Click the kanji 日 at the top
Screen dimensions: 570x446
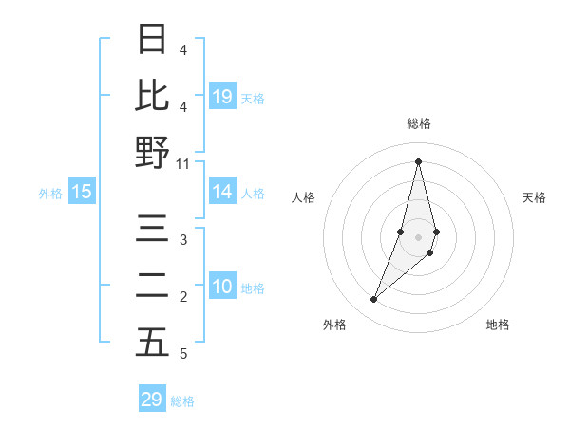click(152, 39)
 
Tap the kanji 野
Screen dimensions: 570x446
click(152, 152)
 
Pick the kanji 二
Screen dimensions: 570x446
click(152, 287)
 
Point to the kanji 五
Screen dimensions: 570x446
click(152, 344)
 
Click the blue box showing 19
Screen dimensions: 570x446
click(222, 96)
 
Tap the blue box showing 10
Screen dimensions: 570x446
click(222, 288)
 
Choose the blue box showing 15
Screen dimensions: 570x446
click(82, 193)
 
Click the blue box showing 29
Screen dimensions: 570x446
click(152, 400)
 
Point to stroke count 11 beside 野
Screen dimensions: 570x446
click(183, 163)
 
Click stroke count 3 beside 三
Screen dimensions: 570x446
click(183, 240)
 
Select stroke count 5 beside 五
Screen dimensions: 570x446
click(183, 354)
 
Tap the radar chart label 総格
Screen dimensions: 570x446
click(419, 123)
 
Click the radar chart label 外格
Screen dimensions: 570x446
click(334, 325)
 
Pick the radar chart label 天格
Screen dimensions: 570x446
click(535, 197)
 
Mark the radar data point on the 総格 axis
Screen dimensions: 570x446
click(419, 160)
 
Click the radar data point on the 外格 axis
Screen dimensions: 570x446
click(374, 300)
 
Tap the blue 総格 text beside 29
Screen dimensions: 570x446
click(182, 401)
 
